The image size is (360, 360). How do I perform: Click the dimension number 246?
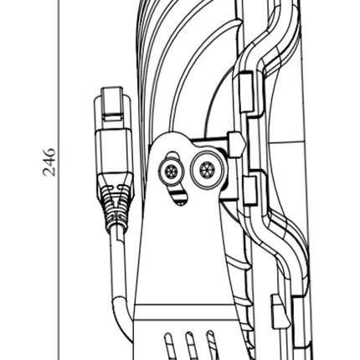[x=49, y=162]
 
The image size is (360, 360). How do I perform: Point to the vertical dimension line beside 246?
[x=59, y=180]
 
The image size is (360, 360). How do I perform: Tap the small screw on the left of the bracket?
[x=171, y=172]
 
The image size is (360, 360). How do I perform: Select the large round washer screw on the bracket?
[x=207, y=170]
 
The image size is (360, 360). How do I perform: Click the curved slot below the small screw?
[x=178, y=197]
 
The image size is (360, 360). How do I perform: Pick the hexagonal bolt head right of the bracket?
[x=236, y=144]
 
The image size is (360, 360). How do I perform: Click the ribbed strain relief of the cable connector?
[x=116, y=203]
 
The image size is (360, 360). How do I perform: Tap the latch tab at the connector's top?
[x=112, y=102]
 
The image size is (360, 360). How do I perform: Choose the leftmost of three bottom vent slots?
[x=169, y=346]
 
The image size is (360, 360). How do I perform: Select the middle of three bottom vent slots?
[x=191, y=346]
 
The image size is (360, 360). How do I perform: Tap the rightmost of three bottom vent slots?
[x=212, y=345]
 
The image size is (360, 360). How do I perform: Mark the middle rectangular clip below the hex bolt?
[x=250, y=191]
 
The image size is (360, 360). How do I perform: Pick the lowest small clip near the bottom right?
[x=277, y=311]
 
